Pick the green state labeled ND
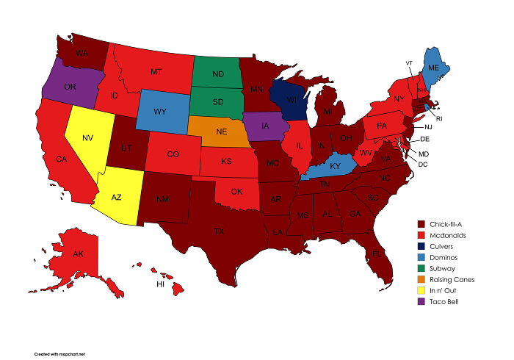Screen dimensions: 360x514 [x=219, y=73]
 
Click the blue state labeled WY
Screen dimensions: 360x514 [x=161, y=112]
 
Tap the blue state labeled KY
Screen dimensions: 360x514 [x=334, y=168]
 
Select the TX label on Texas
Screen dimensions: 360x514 [x=219, y=231]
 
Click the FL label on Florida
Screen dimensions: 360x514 [x=377, y=253]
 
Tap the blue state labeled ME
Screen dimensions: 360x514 [x=433, y=68]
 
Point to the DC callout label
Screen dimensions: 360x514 [x=423, y=163]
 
